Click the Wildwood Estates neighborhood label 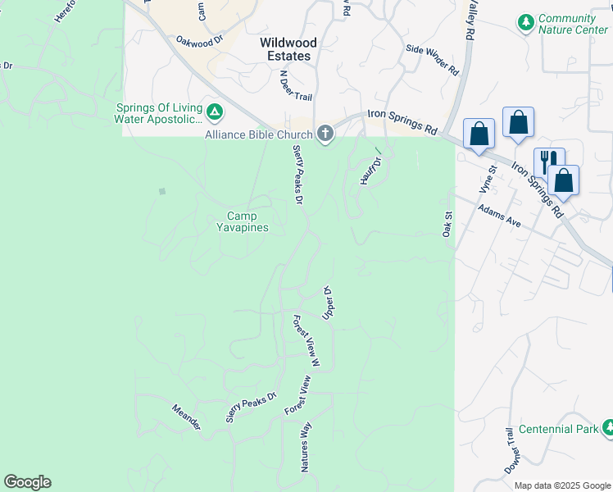click(285, 49)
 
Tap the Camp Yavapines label click(247, 221)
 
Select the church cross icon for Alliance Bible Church click(325, 134)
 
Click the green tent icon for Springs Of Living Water click(214, 111)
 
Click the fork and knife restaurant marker click(548, 161)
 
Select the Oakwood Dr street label click(199, 40)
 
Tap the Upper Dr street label click(328, 303)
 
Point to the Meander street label click(186, 416)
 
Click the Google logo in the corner click(27, 482)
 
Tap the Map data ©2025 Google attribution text click(561, 485)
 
